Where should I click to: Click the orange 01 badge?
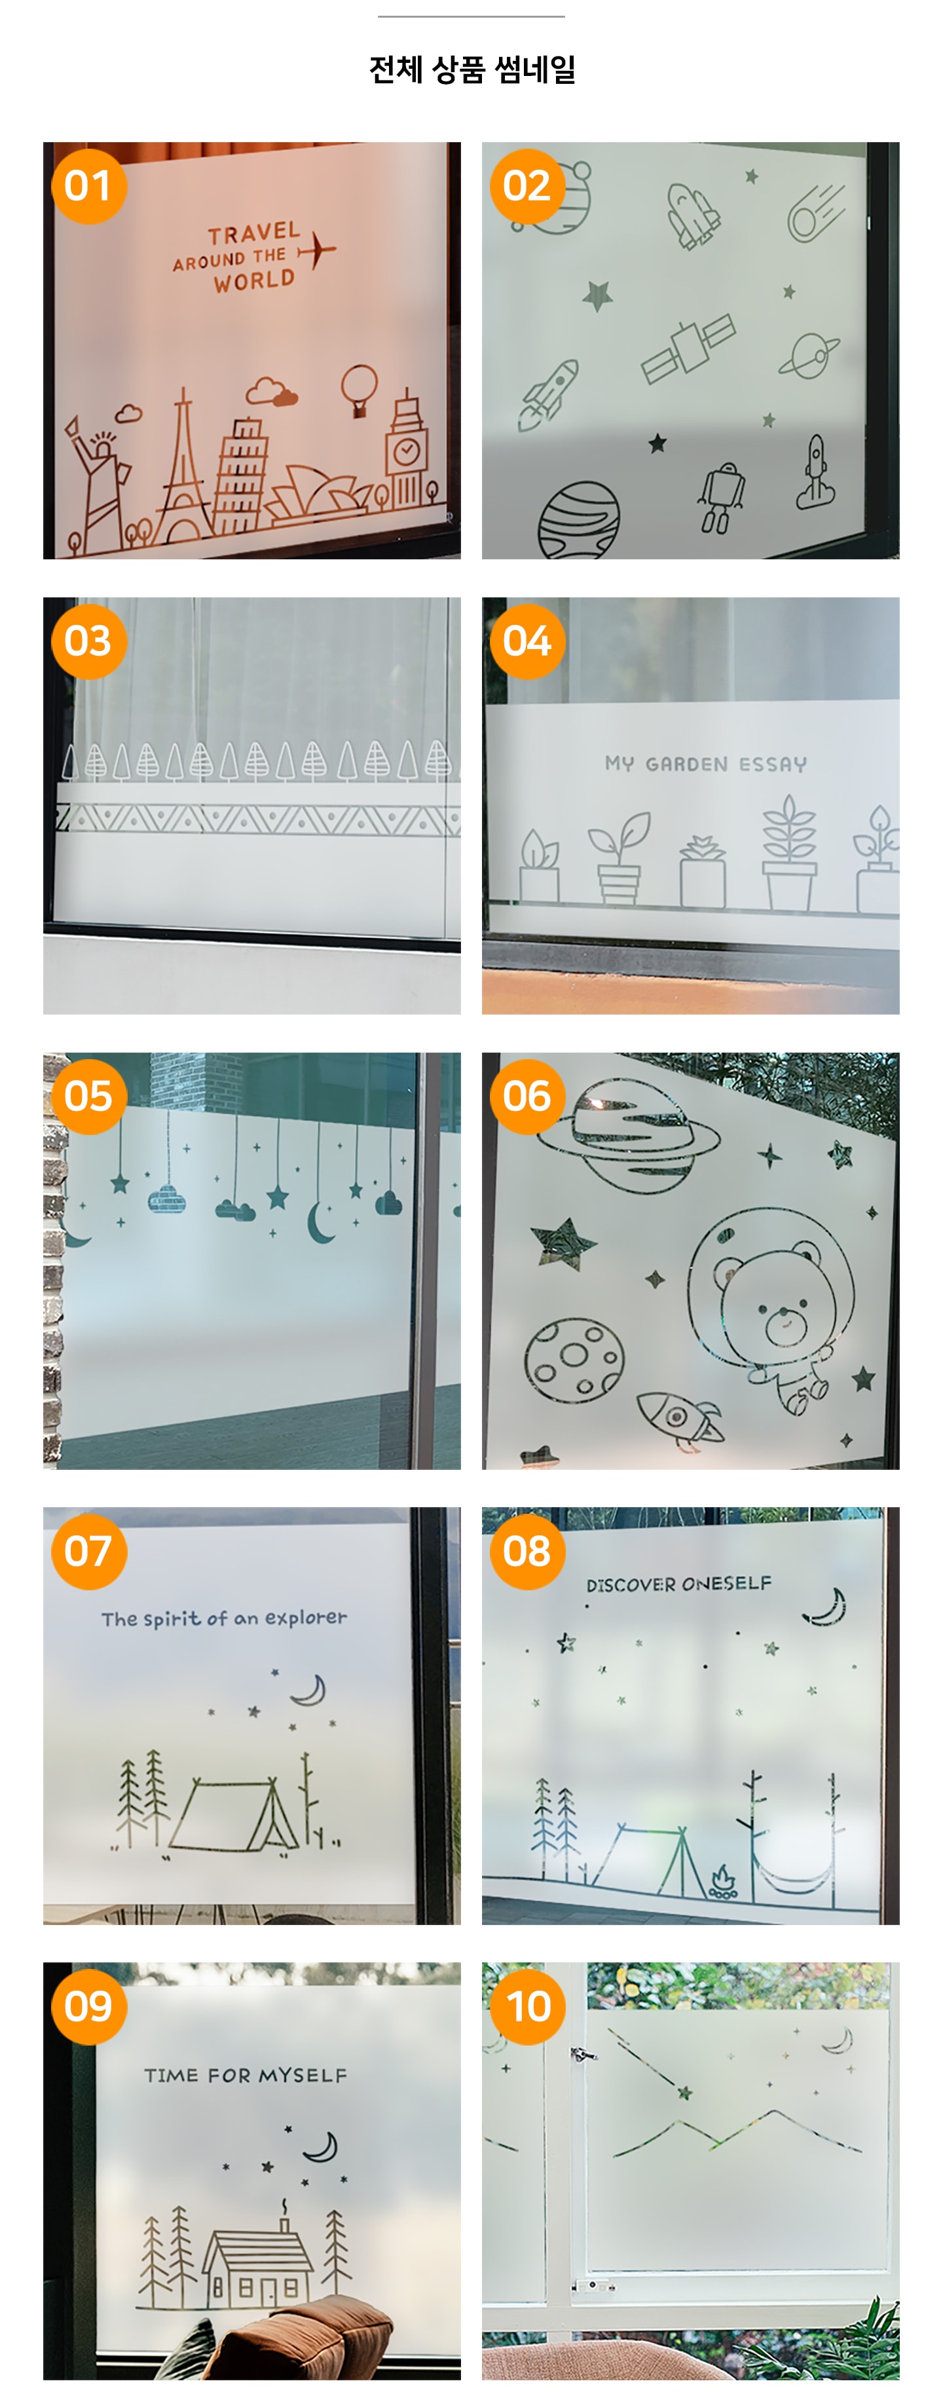coord(88,186)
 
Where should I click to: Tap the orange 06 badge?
coord(527,1096)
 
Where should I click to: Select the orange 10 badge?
coord(527,2006)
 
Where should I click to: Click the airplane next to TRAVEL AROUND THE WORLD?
coord(317,250)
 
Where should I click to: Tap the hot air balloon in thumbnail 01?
coord(359,390)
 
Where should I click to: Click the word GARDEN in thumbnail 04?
coord(686,764)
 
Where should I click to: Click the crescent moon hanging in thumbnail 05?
coord(321,1222)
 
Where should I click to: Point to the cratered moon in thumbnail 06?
coord(573,1359)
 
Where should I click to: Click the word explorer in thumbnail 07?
coord(306,1619)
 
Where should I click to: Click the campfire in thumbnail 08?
coord(722,1882)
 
